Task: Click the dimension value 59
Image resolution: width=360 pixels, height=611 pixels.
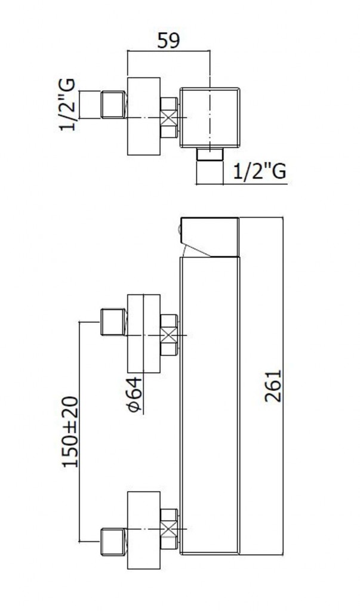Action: tap(168, 41)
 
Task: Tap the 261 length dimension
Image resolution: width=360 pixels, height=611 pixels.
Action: tap(273, 385)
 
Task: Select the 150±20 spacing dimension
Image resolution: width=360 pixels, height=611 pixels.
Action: tap(70, 432)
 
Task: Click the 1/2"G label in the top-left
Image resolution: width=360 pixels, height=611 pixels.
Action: tap(67, 104)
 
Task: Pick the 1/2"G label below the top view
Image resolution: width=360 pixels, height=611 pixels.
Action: tap(260, 171)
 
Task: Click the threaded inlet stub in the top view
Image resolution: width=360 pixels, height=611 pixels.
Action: tap(113, 104)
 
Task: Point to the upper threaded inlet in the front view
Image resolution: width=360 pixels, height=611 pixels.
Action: tap(113, 322)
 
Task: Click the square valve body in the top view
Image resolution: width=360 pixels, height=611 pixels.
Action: tap(210, 118)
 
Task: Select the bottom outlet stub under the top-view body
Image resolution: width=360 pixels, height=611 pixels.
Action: tap(210, 154)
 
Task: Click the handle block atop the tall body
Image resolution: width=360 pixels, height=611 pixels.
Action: tap(210, 237)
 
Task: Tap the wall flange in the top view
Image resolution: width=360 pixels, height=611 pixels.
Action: tap(144, 116)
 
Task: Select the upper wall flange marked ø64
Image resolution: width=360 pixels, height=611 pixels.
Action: tap(144, 334)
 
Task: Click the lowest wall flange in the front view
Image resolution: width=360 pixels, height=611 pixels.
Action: tap(144, 530)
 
